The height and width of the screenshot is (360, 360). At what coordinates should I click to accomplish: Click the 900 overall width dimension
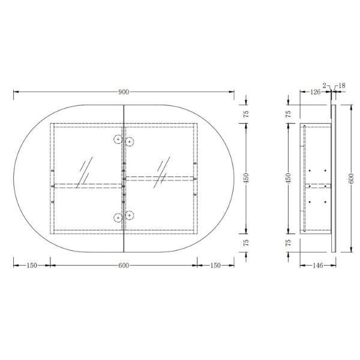(x=124, y=92)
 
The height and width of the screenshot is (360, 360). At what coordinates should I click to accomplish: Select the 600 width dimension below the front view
(x=124, y=265)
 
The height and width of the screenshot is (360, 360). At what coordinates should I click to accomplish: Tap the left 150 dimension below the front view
(x=31, y=265)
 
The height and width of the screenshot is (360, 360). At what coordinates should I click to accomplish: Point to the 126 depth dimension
(x=314, y=92)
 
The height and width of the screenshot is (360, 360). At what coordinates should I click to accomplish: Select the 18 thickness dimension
(x=342, y=86)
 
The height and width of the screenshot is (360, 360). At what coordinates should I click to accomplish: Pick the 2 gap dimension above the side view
(x=325, y=86)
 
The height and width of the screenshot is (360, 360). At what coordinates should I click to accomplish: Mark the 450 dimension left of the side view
(x=289, y=178)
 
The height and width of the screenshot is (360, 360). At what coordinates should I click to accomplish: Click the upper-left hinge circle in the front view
(x=118, y=140)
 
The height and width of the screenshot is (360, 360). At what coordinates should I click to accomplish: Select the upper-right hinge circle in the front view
(x=129, y=142)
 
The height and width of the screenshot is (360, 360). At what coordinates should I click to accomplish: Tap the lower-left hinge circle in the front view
(x=118, y=217)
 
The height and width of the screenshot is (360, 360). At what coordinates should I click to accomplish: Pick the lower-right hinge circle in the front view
(x=129, y=215)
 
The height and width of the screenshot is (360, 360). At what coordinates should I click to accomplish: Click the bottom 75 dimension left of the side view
(x=289, y=243)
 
